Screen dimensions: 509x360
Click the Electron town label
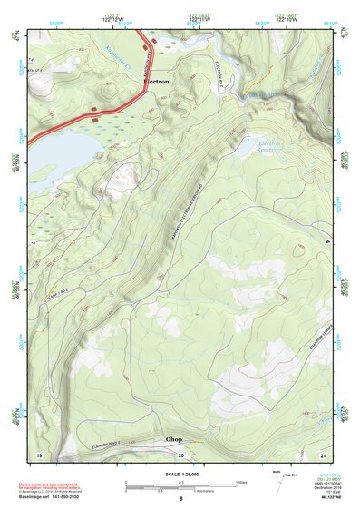(156, 81)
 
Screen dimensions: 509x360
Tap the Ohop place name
(173, 439)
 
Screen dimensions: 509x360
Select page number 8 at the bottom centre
(180, 499)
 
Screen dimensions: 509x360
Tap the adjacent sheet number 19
(39, 454)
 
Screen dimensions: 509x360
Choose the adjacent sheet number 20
(180, 454)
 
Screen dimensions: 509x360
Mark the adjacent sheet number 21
(322, 454)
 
